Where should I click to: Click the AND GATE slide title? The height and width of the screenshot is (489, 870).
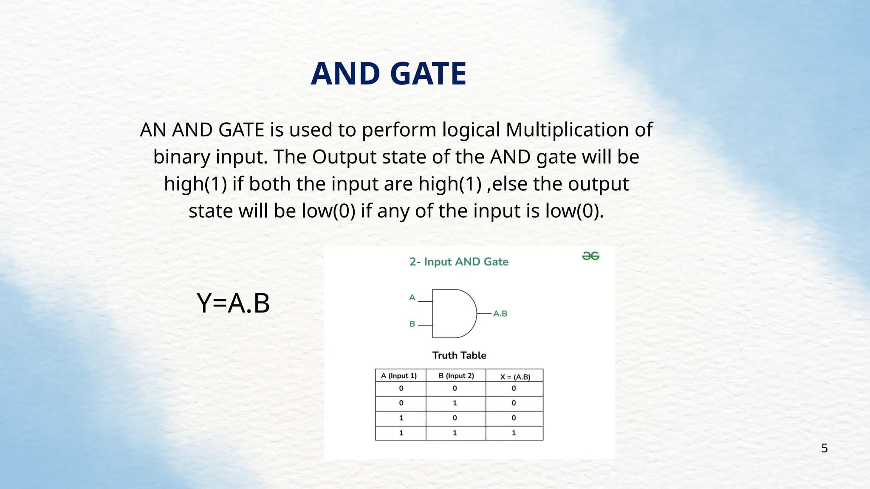click(x=388, y=74)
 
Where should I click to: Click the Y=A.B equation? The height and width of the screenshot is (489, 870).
click(x=233, y=303)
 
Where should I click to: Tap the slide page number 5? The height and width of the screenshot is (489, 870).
click(x=824, y=448)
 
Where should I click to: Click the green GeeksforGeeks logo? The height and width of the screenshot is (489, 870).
click(x=590, y=256)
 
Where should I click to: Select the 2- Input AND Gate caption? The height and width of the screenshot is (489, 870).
click(x=459, y=262)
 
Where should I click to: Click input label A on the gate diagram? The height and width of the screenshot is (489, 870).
click(x=412, y=298)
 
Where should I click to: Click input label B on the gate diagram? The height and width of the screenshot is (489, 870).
click(x=412, y=324)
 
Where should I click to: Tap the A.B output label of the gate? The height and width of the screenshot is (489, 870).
click(x=500, y=314)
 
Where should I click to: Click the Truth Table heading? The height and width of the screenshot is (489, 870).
click(x=459, y=355)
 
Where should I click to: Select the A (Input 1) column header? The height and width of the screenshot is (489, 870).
click(x=399, y=376)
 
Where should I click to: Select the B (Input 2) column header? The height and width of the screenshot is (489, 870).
click(x=456, y=376)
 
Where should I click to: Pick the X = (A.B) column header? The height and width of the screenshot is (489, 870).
click(x=515, y=377)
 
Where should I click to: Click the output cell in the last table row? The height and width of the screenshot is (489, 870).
click(x=514, y=433)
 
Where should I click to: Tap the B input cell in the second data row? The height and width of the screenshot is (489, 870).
click(x=455, y=403)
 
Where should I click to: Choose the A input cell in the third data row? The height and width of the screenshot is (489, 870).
click(x=401, y=418)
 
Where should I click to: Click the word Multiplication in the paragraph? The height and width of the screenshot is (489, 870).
click(x=567, y=130)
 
